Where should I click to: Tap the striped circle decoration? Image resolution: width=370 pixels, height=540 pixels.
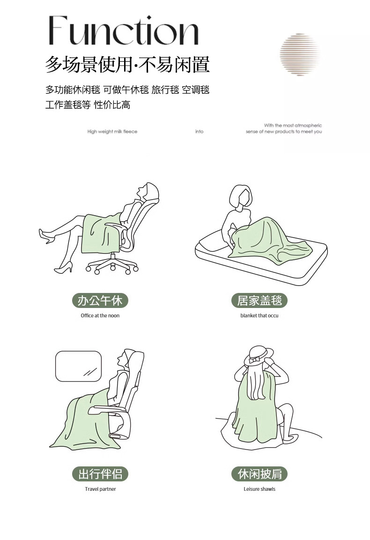coord(299,54)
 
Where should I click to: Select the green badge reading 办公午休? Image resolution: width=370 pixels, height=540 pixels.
coord(100,300)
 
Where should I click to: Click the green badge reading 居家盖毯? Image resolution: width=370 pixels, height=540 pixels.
coord(259,300)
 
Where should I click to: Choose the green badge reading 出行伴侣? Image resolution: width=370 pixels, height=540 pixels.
coord(100,474)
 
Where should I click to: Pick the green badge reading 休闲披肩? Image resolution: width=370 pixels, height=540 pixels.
coord(259,474)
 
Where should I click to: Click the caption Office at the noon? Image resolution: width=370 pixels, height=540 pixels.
coord(100,315)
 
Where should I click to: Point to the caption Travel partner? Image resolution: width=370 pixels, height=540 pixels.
coord(100,489)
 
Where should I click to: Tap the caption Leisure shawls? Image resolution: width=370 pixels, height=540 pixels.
coord(259,489)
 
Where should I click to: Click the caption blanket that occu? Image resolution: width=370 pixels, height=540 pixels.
coord(259,315)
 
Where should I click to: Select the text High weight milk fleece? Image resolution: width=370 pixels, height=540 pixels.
coord(112,132)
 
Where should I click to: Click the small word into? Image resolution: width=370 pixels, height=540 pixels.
coord(199,132)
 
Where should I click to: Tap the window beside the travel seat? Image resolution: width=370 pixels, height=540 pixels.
coord(79,367)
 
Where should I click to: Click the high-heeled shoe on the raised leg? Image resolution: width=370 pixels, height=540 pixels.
coord(46,236)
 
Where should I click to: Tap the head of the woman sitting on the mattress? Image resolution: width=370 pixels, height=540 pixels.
coord(241,197)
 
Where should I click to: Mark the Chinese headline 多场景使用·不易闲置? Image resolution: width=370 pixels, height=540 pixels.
coord(127,65)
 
